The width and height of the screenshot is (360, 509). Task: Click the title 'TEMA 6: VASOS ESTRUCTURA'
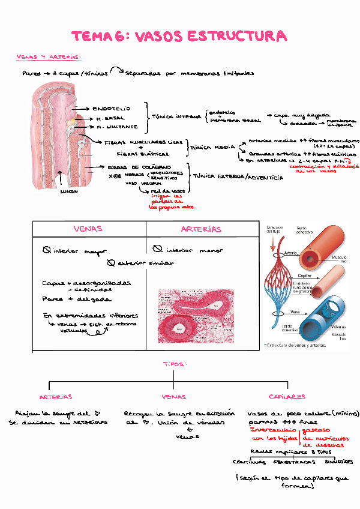(x=179, y=37)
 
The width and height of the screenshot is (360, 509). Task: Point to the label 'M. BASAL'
(x=110, y=118)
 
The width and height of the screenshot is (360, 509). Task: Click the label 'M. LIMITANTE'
(x=117, y=127)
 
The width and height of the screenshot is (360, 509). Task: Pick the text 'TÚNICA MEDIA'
(x=212, y=146)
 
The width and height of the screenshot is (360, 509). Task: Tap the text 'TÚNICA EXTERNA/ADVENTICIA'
(x=238, y=177)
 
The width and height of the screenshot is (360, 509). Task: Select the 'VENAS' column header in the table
(x=88, y=229)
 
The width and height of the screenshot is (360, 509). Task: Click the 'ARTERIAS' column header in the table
(x=201, y=229)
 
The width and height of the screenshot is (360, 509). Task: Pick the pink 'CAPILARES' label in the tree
(x=287, y=397)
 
